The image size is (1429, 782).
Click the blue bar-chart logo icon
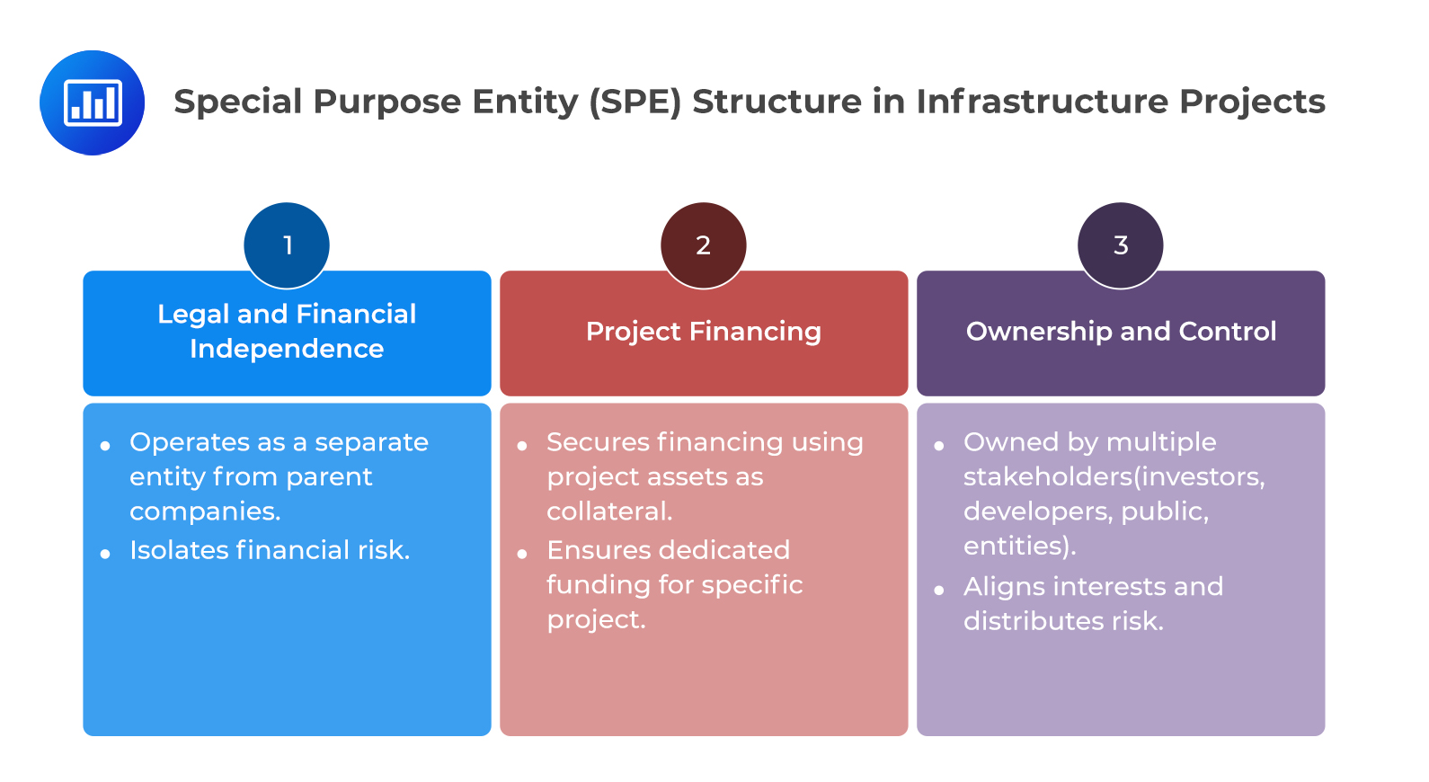(92, 102)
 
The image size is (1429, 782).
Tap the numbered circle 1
(287, 244)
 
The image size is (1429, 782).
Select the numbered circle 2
(704, 244)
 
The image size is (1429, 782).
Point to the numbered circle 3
(1121, 244)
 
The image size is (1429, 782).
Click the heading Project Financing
(704, 332)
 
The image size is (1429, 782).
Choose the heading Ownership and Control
(1121, 332)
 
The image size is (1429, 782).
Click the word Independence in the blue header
(287, 349)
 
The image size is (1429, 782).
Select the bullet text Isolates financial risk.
(270, 550)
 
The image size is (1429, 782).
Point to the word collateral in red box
(608, 511)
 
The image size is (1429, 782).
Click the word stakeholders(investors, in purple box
(1114, 476)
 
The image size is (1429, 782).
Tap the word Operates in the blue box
(190, 442)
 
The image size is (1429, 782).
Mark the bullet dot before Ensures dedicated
(522, 554)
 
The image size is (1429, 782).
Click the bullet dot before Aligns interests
(939, 591)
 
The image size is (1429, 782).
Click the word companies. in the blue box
(205, 511)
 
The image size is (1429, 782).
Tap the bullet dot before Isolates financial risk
(105, 554)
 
